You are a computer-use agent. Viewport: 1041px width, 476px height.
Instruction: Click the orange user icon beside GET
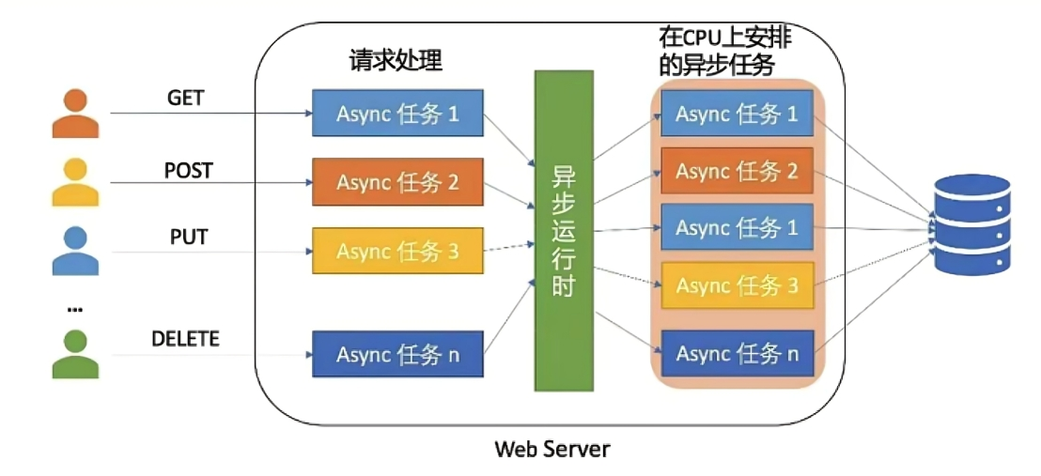point(75,114)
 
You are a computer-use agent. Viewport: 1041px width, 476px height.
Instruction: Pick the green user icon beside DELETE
point(75,353)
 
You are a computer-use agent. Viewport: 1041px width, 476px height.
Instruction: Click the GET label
point(185,98)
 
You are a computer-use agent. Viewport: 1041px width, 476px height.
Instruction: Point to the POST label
point(188,171)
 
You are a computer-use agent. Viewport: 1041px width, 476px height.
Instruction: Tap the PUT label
point(188,237)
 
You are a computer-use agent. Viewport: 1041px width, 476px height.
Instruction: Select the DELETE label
point(185,339)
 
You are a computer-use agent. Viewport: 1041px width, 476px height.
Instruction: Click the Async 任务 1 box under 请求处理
point(397,115)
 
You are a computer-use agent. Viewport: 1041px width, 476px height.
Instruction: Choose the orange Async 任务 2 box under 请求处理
point(397,182)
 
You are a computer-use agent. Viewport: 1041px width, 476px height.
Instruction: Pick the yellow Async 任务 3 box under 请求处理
point(397,251)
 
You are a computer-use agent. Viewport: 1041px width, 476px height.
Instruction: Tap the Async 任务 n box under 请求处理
point(397,355)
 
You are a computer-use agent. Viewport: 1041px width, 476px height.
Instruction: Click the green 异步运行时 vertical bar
point(564,230)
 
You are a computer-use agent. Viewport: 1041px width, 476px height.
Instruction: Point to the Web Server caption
point(552,449)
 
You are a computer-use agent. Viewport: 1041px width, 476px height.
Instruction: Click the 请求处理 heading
point(395,61)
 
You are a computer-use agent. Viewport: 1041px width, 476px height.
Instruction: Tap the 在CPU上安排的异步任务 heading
point(719,52)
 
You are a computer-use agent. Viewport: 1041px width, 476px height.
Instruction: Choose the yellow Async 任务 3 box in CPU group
point(737,285)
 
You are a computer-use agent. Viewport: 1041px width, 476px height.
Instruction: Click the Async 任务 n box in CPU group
point(737,354)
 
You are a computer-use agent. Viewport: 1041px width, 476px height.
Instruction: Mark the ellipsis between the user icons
point(75,308)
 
